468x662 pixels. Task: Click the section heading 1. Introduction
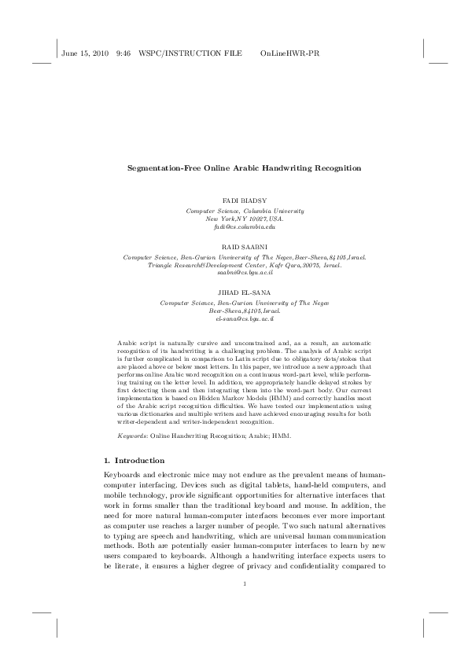[x=135, y=459]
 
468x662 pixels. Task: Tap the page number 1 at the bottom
[x=245, y=583]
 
